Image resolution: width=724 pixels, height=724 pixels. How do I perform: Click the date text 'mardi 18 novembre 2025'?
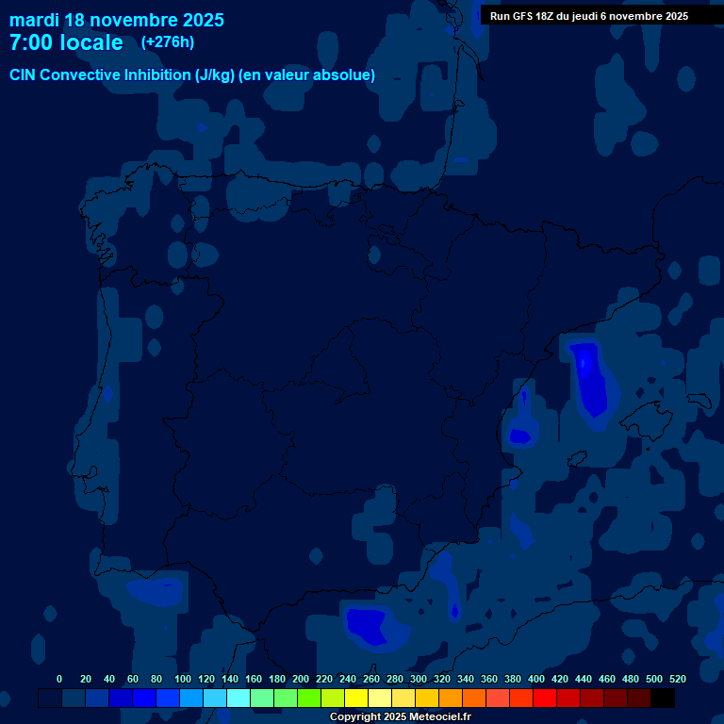pos(116,20)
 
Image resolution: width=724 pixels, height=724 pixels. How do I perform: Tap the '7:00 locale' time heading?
pos(66,43)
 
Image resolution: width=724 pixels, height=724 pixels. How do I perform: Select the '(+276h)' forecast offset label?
pos(168,42)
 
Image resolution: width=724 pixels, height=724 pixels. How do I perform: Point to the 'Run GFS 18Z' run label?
pos(527,16)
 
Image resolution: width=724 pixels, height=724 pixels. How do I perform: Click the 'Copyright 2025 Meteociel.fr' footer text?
pos(400,716)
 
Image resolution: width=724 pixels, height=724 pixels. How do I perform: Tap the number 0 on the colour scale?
pos(59,679)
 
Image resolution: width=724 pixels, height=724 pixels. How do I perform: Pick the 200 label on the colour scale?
pos(301,679)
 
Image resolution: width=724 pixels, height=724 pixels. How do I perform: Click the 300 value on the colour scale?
pos(419,679)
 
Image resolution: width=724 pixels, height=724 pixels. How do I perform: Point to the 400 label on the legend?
pos(536,679)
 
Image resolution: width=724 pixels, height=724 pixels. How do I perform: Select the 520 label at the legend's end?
pos(677,679)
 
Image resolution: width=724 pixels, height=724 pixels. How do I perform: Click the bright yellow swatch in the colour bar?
pos(356,698)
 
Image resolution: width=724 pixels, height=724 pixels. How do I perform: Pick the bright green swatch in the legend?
pos(309,698)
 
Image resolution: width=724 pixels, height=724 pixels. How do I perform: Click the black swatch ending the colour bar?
pos(663,698)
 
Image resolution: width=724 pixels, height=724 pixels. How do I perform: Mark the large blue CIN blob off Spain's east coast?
pos(591,382)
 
